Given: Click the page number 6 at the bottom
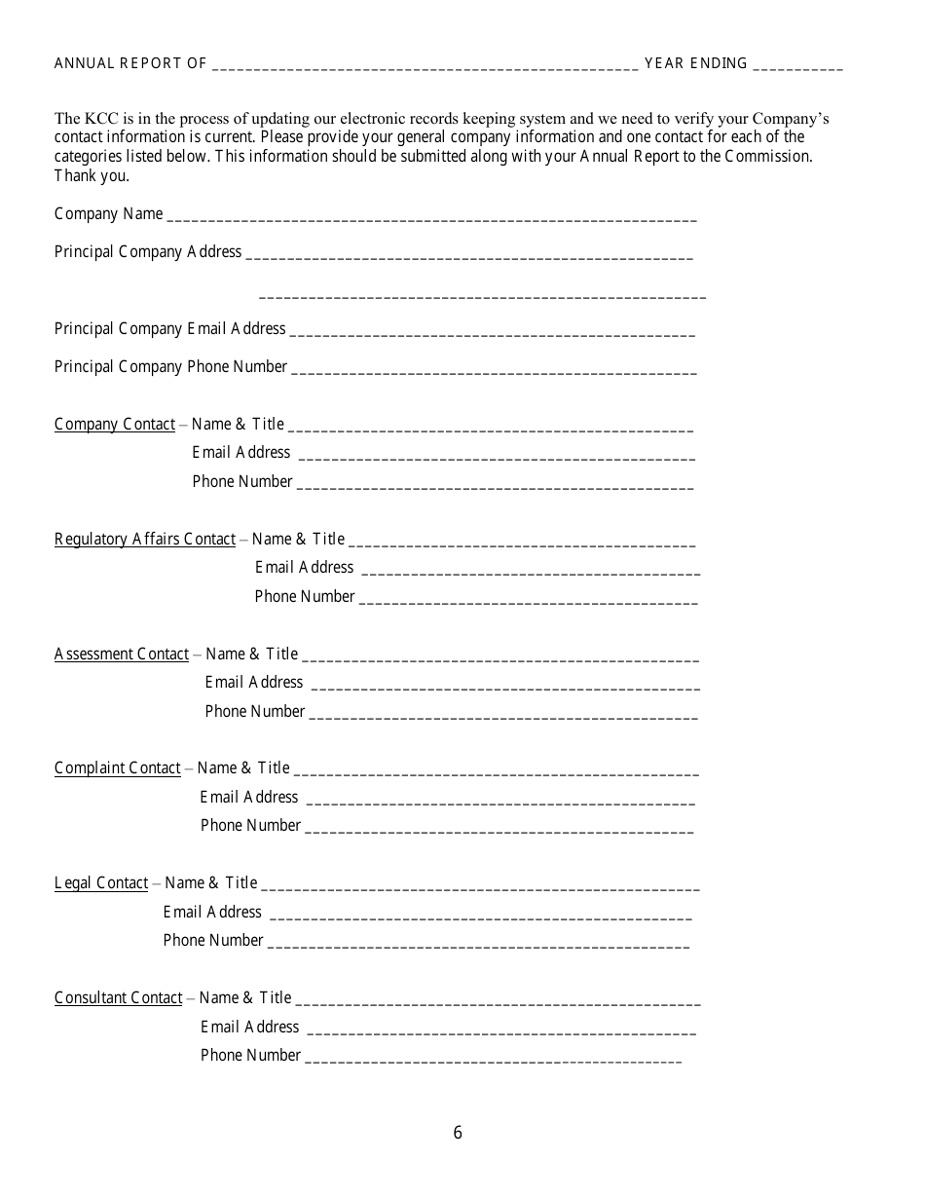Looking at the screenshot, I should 458,1133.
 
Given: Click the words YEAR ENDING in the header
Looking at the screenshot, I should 695,63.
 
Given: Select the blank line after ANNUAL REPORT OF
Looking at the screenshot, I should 424,66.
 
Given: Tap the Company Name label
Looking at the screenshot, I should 108,214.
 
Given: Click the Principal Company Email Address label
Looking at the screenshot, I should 169,329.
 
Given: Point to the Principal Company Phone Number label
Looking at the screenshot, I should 170,367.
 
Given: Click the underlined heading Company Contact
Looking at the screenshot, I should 115,425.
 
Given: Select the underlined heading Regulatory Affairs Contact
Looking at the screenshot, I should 144,540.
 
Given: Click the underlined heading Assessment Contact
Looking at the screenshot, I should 122,655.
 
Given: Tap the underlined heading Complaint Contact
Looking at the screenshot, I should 118,768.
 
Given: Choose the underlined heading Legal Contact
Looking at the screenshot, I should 101,883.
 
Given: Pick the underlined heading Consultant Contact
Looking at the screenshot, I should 118,998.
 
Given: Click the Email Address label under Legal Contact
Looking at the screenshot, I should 212,913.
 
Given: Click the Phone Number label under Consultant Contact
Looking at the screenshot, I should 250,1056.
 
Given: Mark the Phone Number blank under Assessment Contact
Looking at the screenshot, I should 502,716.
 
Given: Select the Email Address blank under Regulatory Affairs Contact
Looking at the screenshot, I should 530,572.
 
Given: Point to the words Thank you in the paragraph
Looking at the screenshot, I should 92,176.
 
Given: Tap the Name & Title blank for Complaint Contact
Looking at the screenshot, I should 496,773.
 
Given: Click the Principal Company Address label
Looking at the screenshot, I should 147,252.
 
